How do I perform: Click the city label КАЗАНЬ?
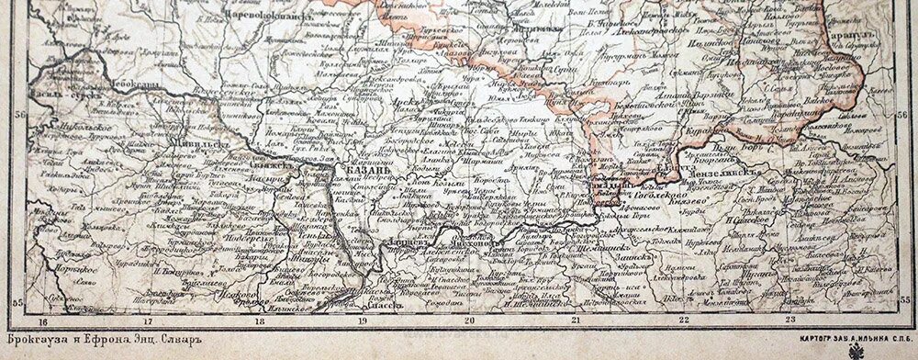pos(372,171)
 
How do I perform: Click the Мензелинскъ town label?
pos(735,171)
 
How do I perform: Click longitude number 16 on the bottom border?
pos(43,321)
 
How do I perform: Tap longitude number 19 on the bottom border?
pos(363,321)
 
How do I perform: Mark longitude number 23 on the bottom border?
pos(791,321)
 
